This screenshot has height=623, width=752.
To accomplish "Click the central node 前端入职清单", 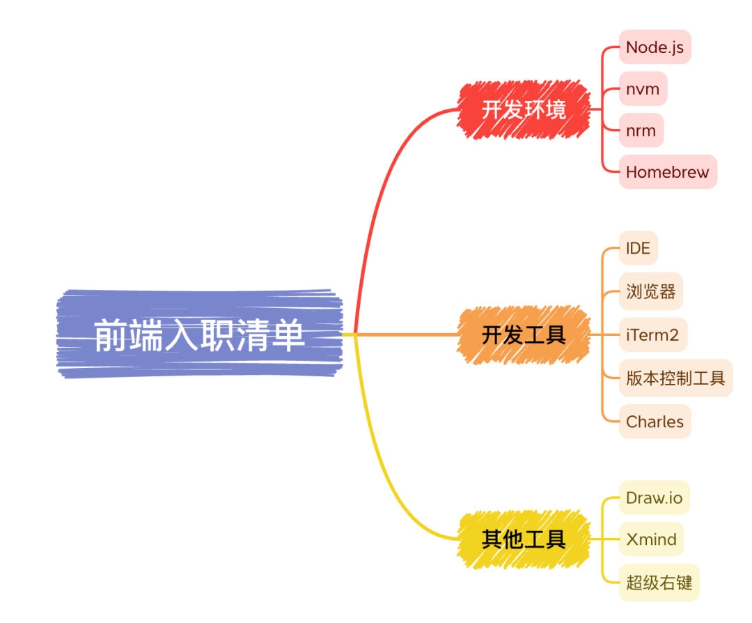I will pyautogui.click(x=199, y=335).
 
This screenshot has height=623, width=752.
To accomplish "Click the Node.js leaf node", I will pyautogui.click(x=655, y=47).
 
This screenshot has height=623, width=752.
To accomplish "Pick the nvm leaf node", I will pyautogui.click(x=643, y=89).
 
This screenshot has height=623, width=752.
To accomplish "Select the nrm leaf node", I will pyautogui.click(x=641, y=130).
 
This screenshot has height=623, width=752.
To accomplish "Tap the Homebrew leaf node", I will pyautogui.click(x=667, y=172).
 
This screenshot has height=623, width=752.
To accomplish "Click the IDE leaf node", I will pyautogui.click(x=638, y=249).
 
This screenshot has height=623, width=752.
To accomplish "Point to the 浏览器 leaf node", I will pyautogui.click(x=650, y=291).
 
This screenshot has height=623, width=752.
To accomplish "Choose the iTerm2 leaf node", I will pyautogui.click(x=652, y=334).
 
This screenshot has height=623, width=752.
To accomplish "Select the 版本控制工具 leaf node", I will pyautogui.click(x=675, y=378).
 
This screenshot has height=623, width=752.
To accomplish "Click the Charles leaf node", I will pyautogui.click(x=655, y=422).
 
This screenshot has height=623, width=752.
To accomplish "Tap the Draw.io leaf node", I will pyautogui.click(x=654, y=498).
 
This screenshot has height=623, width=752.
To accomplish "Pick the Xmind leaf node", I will pyautogui.click(x=651, y=539).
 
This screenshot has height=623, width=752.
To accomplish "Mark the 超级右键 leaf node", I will pyautogui.click(x=659, y=583).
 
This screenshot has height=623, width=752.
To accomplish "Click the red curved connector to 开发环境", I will pyautogui.click(x=382, y=174).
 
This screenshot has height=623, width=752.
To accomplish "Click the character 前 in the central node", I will pyautogui.click(x=110, y=336).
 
